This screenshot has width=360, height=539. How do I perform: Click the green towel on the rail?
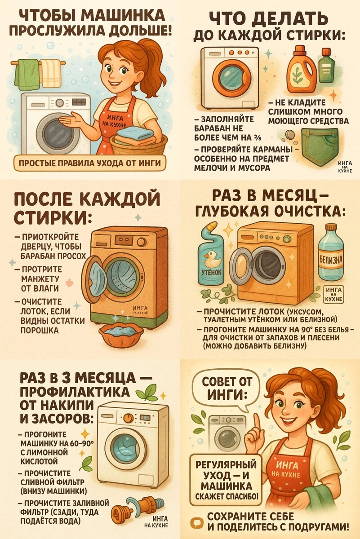[x=27, y=74]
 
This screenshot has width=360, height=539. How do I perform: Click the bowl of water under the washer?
[x=121, y=334]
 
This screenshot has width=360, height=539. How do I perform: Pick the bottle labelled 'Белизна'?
[x=331, y=254]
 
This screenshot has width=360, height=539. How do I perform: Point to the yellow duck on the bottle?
[x=211, y=258]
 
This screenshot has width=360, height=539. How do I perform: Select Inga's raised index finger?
[x=257, y=420]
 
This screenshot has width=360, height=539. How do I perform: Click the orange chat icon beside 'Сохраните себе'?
[x=196, y=523]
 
